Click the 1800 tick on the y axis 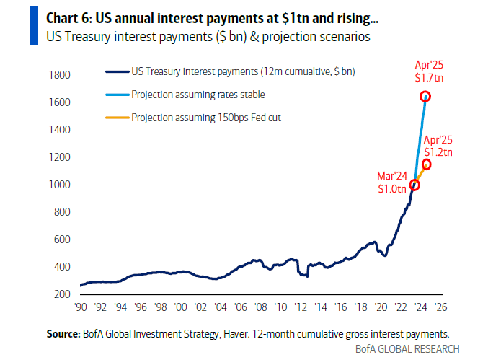pyautogui.click(x=59, y=75)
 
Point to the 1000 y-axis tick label pyautogui.click(x=59, y=185)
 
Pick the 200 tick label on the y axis pyautogui.click(x=62, y=294)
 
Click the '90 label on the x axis pyautogui.click(x=81, y=307)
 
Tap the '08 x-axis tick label pyautogui.click(x=261, y=307)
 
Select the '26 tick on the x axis pyautogui.click(x=441, y=307)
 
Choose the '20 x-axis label pyautogui.click(x=381, y=307)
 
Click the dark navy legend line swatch pyautogui.click(x=118, y=72)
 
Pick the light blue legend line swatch pyautogui.click(x=118, y=95)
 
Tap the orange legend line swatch pyautogui.click(x=118, y=118)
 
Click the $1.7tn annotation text pyautogui.click(x=429, y=78)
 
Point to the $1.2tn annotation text pyautogui.click(x=438, y=152)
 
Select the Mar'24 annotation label pyautogui.click(x=392, y=176)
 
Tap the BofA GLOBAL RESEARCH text pyautogui.click(x=407, y=348)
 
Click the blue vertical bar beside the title pyautogui.click(x=34, y=25)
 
